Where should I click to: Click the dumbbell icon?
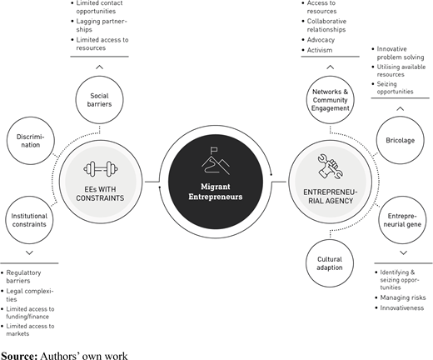[101, 168]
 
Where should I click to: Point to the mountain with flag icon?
[216, 161]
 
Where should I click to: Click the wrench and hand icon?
[331, 167]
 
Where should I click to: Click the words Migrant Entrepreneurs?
[216, 192]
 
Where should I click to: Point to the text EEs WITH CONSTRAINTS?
[100, 193]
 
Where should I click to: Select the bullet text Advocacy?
[321, 40]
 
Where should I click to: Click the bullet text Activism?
[320, 50]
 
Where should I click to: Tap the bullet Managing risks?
[403, 297]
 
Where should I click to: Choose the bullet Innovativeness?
[402, 307]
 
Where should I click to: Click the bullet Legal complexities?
[30, 295]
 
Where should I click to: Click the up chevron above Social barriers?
[99, 67]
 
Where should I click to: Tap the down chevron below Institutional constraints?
[29, 252]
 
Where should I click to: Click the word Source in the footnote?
[19, 356]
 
